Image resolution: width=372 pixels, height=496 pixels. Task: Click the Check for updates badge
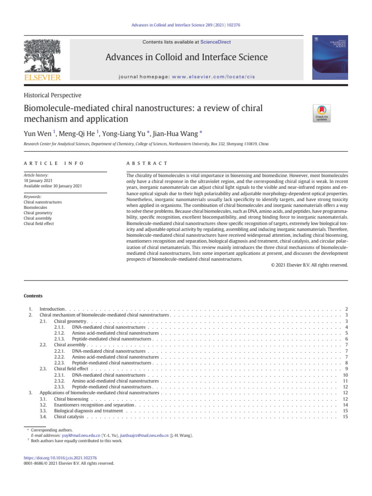point(322,112)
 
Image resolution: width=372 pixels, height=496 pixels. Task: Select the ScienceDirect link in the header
point(216,42)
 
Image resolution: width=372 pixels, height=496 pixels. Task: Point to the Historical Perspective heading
point(52,95)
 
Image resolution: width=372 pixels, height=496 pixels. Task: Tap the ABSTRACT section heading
point(147,164)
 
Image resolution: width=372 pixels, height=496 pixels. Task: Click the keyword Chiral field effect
point(39,223)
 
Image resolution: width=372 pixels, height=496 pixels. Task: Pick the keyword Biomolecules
point(35,207)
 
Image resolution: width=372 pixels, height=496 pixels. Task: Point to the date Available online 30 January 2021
point(53,186)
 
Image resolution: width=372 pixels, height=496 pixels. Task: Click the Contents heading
point(33,296)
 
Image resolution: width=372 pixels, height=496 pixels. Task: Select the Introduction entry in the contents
point(52,309)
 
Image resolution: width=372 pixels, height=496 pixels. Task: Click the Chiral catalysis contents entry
point(69,417)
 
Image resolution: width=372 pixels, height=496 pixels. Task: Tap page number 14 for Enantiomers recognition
point(345,404)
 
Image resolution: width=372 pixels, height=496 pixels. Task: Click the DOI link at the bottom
point(60,457)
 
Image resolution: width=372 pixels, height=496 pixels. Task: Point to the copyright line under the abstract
point(309,265)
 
